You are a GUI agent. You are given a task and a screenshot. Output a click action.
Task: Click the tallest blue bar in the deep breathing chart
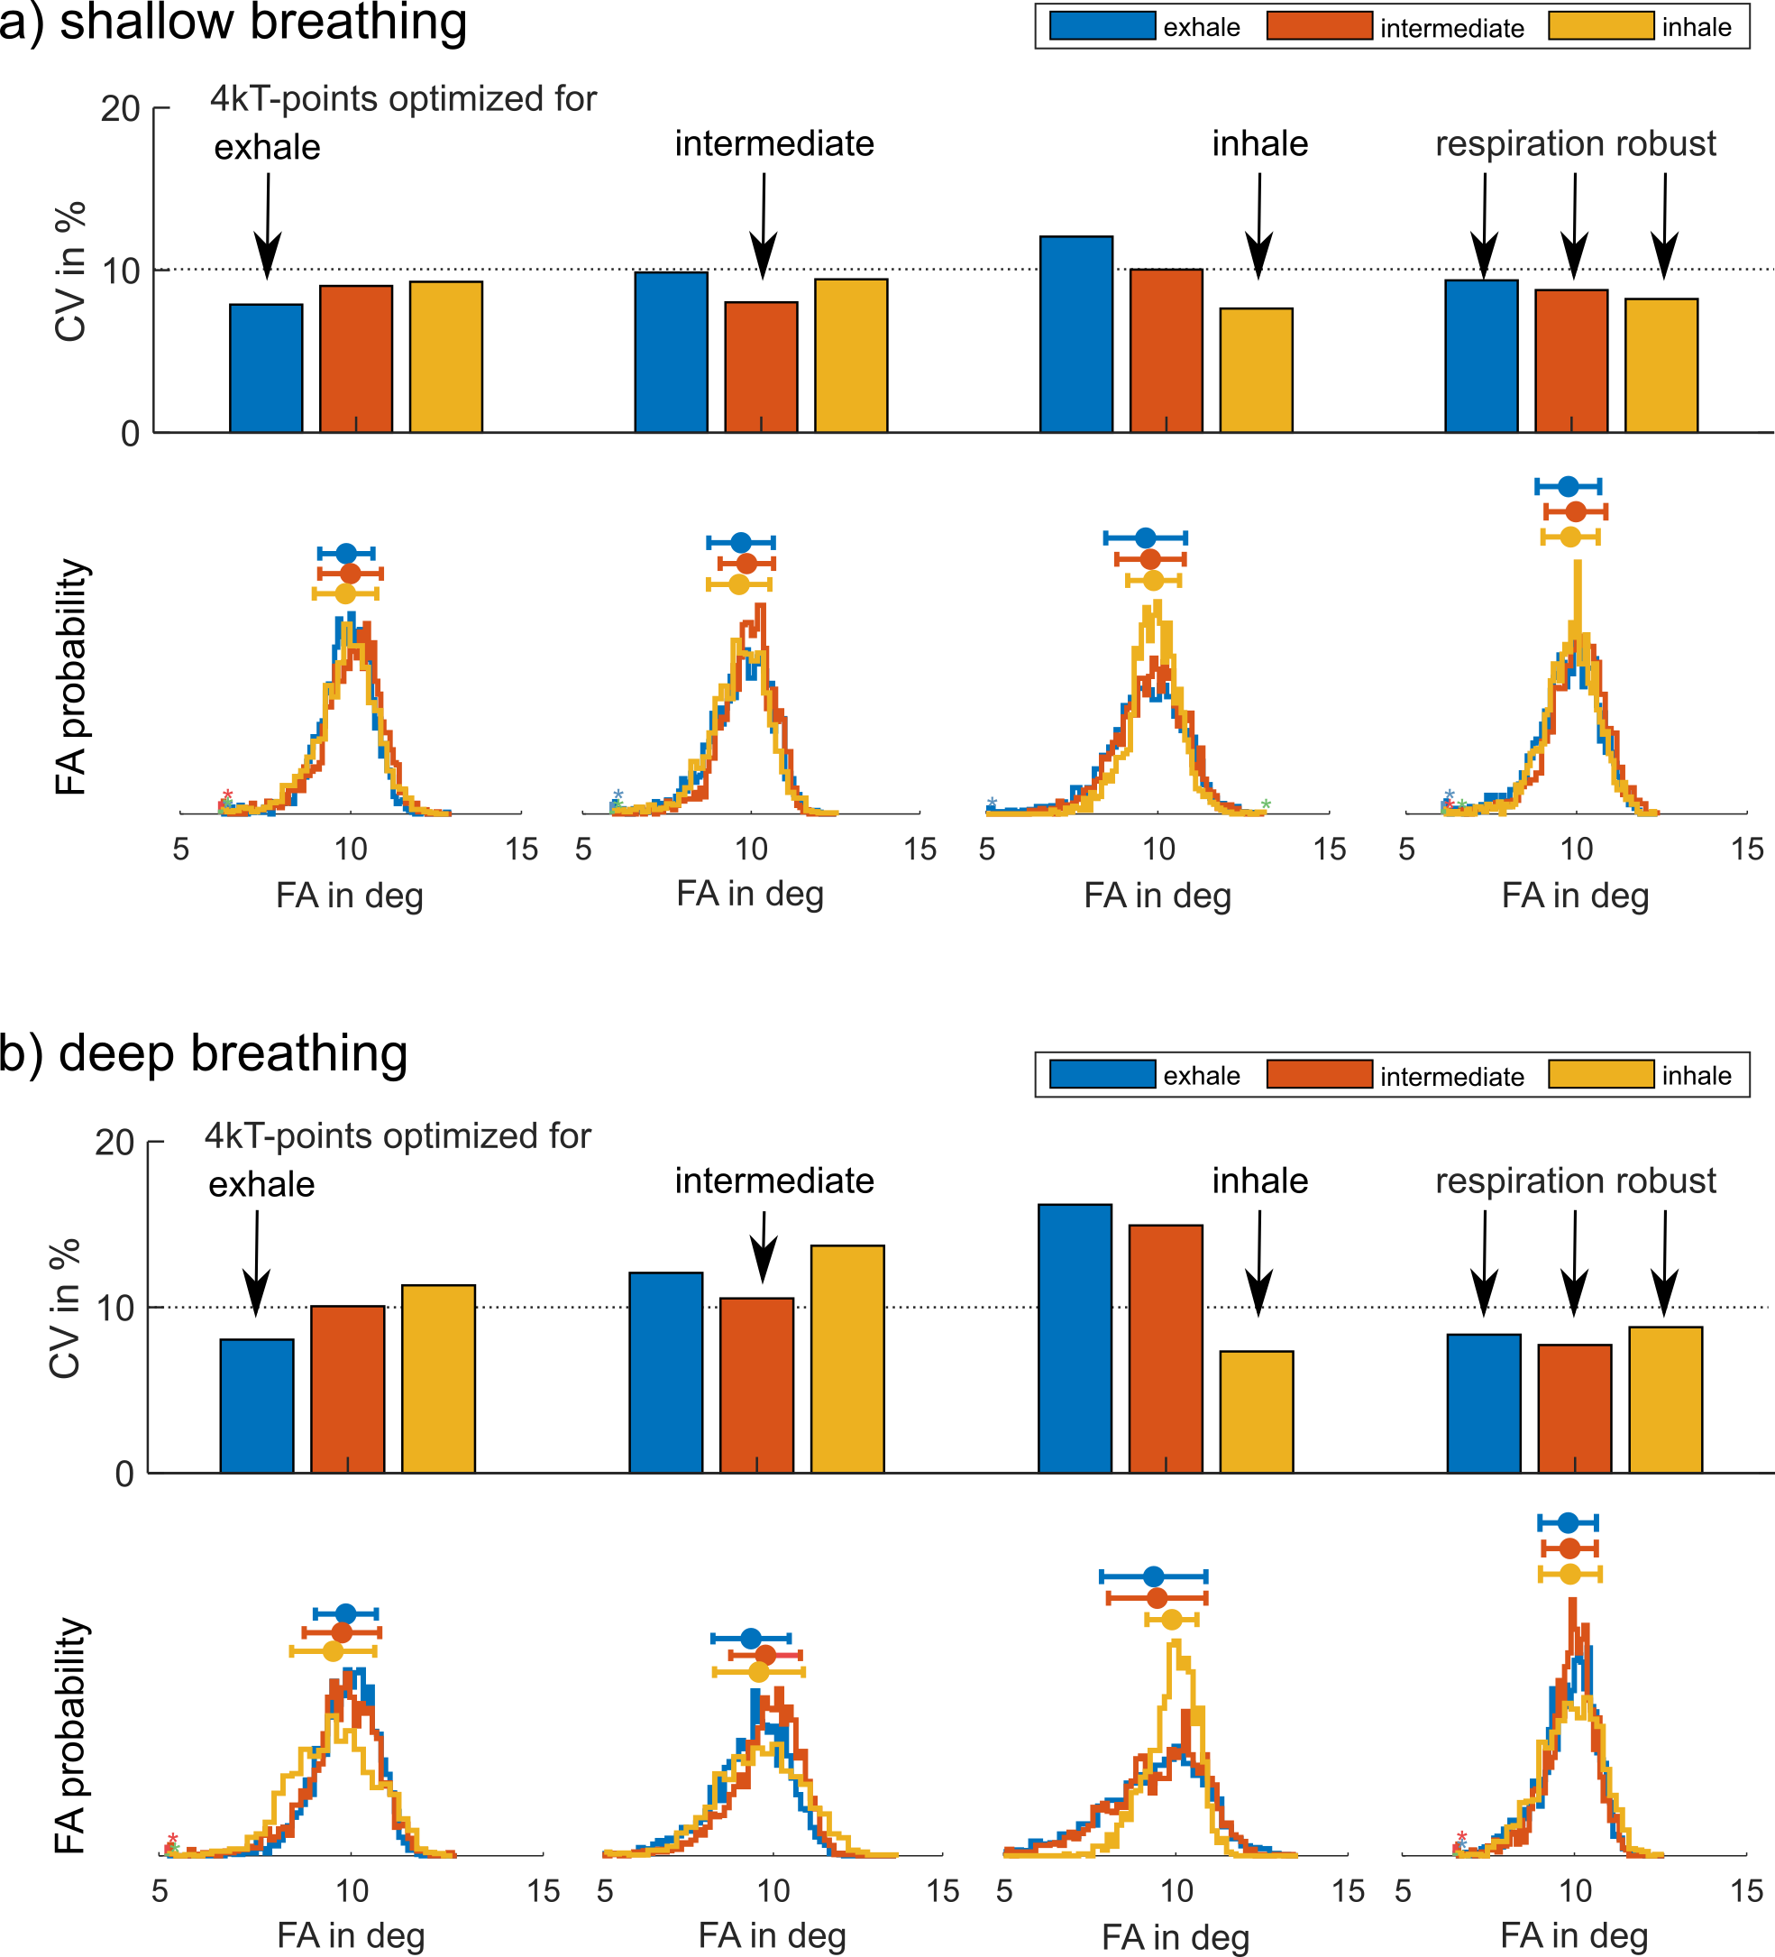tap(1075, 1338)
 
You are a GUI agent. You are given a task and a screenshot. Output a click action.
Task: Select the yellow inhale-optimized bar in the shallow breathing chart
tap(1256, 370)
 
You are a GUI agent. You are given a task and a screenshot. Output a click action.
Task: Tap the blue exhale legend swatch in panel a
tap(1103, 26)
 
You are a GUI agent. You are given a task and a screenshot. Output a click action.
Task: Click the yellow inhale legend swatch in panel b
tap(1600, 1075)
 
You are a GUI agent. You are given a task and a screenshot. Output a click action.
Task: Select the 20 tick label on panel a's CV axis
tap(120, 109)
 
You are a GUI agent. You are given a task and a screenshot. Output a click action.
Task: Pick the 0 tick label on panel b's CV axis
tap(124, 1475)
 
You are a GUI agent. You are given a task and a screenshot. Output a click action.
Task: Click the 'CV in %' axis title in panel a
tap(70, 271)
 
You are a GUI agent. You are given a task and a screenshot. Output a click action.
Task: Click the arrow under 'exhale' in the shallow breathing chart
tap(267, 227)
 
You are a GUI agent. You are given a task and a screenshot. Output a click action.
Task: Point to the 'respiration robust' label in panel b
tap(1575, 1181)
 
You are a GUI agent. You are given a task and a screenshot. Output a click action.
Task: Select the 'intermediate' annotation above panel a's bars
tap(774, 143)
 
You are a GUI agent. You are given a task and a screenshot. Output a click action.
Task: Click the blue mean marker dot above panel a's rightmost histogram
tap(1569, 486)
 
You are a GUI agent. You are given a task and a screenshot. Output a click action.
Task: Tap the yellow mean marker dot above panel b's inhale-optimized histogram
tap(1172, 1619)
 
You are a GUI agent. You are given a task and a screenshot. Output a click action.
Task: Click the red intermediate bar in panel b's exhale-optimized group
tap(347, 1389)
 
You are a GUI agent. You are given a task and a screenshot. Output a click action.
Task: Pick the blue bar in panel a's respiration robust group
tap(1481, 356)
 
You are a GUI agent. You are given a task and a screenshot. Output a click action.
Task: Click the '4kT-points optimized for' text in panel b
tap(397, 1135)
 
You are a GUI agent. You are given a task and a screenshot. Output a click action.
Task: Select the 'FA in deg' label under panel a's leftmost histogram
tap(350, 895)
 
